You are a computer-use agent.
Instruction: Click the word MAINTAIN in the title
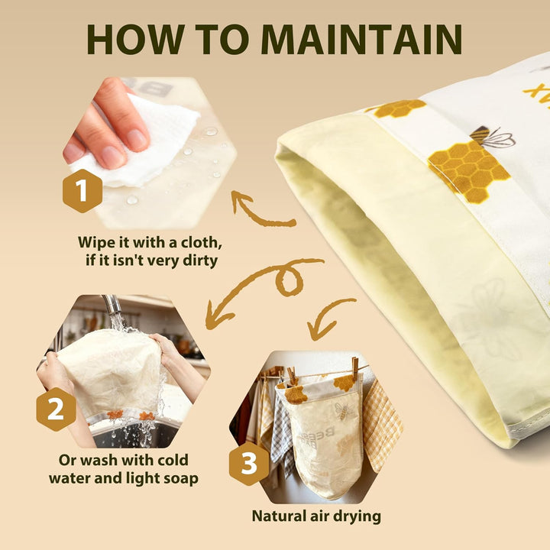coord(361,39)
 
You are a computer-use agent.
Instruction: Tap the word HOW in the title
coord(136,39)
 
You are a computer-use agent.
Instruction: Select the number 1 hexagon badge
coord(82,191)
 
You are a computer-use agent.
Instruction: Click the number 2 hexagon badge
coord(56,409)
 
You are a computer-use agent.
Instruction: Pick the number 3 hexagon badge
coord(249,464)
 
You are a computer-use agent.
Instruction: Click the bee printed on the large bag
coord(492,136)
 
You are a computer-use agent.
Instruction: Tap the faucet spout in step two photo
coord(113,306)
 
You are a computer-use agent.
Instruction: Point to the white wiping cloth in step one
coord(147,141)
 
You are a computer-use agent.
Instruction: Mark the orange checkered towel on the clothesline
coord(382,425)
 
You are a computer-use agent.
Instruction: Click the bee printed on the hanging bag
coord(343,410)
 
